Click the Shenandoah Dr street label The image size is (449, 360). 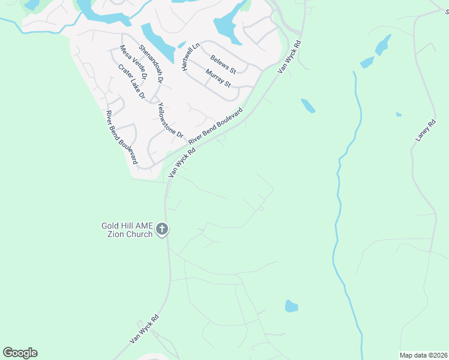(x=151, y=63)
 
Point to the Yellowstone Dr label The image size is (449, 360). (x=169, y=120)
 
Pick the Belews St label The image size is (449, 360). (x=223, y=64)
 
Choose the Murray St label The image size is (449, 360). (x=218, y=79)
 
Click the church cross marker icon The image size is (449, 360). (x=162, y=229)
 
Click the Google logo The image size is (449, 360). (x=20, y=353)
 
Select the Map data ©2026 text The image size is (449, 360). (x=423, y=355)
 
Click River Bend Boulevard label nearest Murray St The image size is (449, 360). (x=215, y=126)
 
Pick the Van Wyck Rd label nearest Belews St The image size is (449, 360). (x=289, y=58)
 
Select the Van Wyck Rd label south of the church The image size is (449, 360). (x=145, y=329)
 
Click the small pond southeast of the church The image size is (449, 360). (x=291, y=306)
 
